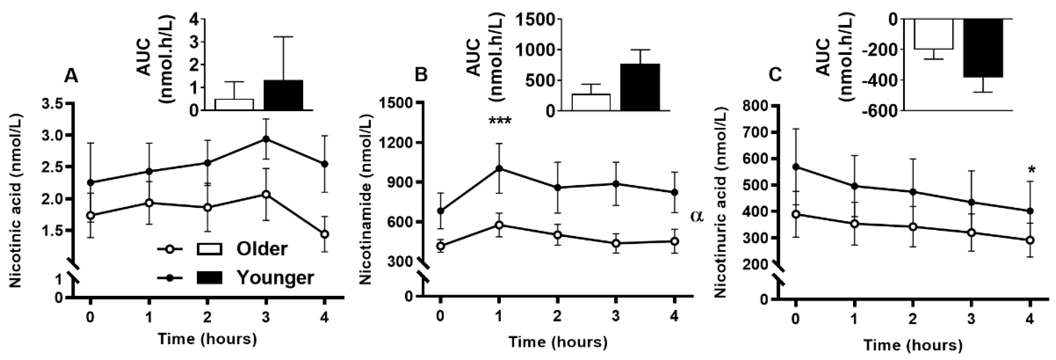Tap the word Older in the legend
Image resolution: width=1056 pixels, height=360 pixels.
[x=262, y=249]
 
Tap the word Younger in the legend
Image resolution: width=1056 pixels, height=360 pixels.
[x=276, y=277]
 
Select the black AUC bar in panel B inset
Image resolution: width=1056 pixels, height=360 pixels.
[x=640, y=87]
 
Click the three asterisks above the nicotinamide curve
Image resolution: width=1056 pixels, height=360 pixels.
[x=499, y=122]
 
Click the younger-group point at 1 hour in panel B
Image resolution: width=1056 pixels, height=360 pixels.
[x=499, y=168]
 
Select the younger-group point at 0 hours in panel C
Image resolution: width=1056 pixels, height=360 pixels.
[x=796, y=167]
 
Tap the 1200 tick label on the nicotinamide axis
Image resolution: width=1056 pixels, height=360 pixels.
[x=399, y=143]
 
